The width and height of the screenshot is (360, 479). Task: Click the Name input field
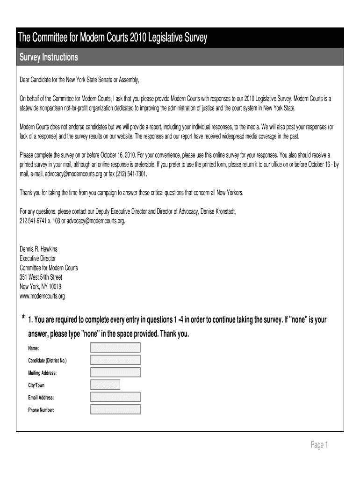point(115,348)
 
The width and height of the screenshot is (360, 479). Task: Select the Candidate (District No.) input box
point(115,360)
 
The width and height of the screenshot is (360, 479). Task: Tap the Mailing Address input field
point(115,372)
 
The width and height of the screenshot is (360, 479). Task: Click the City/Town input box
point(105,385)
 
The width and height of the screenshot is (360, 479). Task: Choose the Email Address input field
point(115,397)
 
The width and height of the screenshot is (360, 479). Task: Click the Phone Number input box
point(115,409)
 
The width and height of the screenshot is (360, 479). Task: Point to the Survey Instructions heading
point(48,58)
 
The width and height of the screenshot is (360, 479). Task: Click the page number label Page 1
point(320,445)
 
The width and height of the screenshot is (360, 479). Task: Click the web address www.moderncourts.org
point(42,296)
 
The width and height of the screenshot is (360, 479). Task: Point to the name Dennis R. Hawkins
point(38,249)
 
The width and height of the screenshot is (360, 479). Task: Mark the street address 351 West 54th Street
point(41,277)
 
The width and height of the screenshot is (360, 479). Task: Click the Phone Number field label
point(41,410)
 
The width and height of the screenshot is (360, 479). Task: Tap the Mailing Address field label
point(42,373)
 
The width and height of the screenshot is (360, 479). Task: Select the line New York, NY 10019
point(40,286)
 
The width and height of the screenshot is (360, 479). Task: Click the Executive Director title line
point(37,258)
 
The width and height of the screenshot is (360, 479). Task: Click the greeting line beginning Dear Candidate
point(79,80)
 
